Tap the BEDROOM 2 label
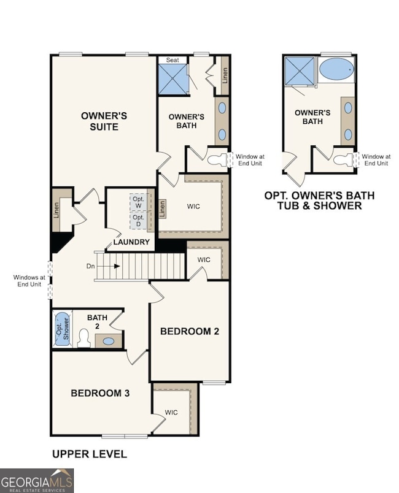pyautogui.click(x=190, y=331)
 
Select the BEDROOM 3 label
pyautogui.click(x=99, y=392)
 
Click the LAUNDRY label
pyautogui.click(x=131, y=242)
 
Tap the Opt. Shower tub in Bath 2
pyautogui.click(x=63, y=330)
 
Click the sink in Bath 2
pyautogui.click(x=109, y=341)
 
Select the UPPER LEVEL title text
pyautogui.click(x=89, y=454)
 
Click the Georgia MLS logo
pyautogui.click(x=37, y=480)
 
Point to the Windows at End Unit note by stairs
pyautogui.click(x=29, y=281)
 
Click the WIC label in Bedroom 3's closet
pyautogui.click(x=171, y=412)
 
